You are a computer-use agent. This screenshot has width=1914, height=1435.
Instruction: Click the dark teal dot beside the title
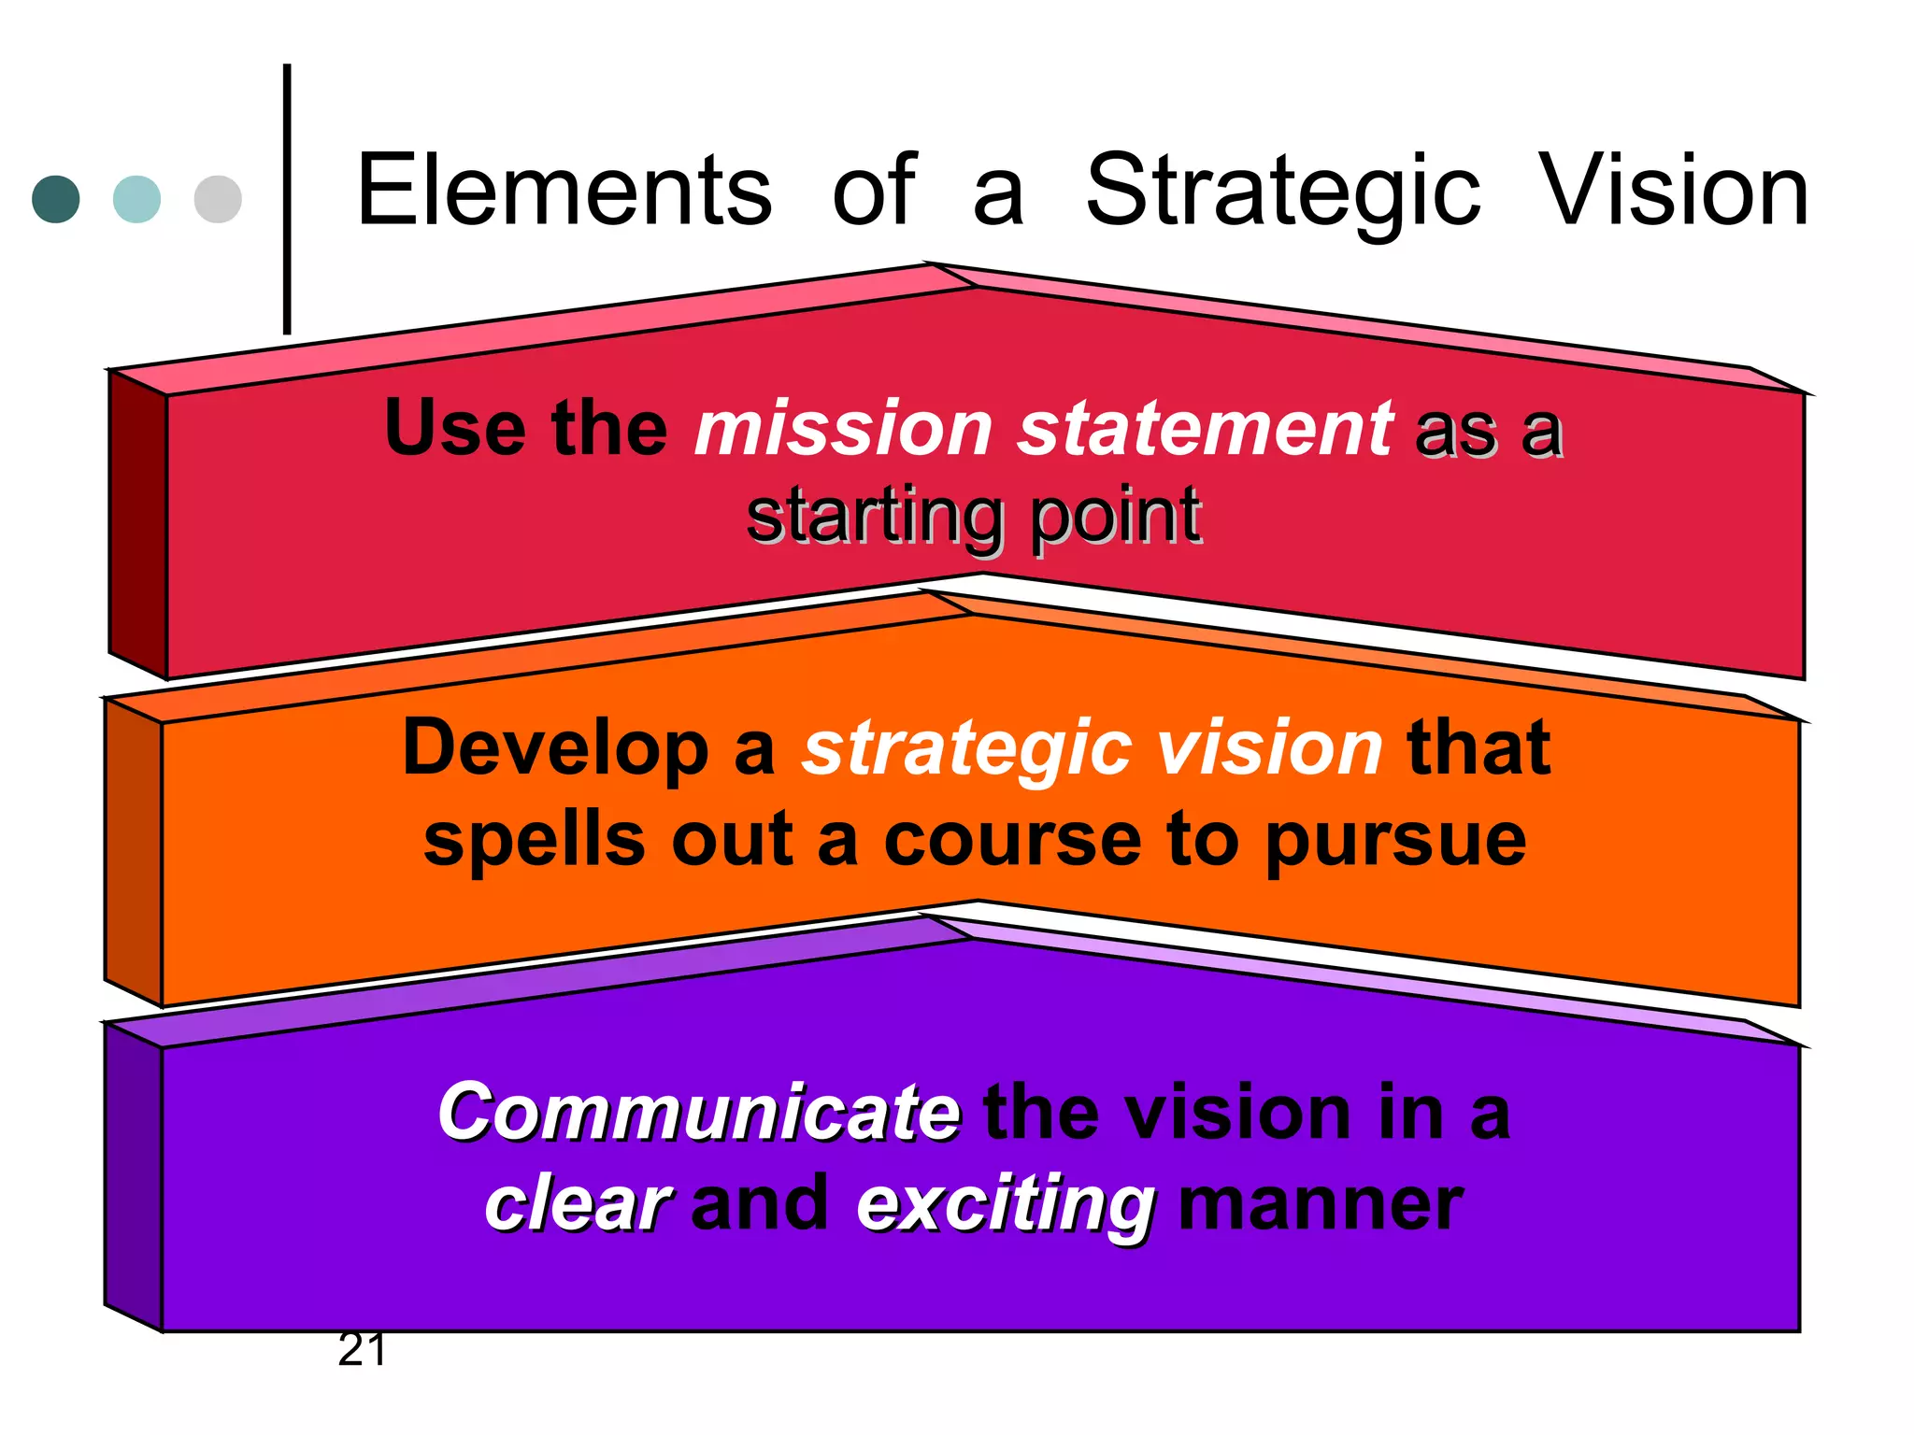pos(56,199)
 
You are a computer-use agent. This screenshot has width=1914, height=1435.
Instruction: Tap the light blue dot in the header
pos(136,199)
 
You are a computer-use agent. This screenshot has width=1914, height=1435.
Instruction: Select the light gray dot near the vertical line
pos(218,199)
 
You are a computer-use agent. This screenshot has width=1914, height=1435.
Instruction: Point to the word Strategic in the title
pos(1283,192)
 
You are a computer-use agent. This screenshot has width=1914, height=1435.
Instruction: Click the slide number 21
pos(362,1350)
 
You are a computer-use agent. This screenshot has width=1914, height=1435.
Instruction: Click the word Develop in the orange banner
pos(555,749)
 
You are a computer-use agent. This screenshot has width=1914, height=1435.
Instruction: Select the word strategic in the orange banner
pos(966,749)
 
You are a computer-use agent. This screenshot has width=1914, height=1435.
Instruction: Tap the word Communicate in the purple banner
pos(698,1113)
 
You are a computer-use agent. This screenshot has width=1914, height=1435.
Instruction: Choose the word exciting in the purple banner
pos(1006,1205)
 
